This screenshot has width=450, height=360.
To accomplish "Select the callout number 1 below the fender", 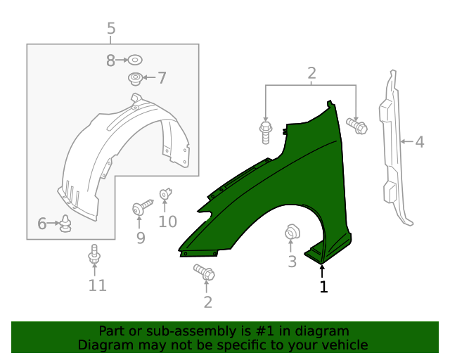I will coord(323,287).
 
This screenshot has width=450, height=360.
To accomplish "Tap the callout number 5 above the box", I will coord(111,29).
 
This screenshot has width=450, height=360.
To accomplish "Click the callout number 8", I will coord(110,61).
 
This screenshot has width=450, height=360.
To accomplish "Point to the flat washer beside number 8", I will coord(135,61).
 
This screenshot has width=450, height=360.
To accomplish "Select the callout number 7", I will coord(162,77).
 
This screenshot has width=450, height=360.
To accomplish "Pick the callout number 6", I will coord(41,224).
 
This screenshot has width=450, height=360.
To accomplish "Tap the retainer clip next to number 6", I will coord(66,224).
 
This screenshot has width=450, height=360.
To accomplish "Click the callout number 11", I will coord(97,285).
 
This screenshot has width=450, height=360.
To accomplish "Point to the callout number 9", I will coord(141,238).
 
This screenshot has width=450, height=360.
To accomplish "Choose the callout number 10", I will coord(167,222).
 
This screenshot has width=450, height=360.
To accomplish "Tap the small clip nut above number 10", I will coord(166,192).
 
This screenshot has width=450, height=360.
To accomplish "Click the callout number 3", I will coord(292,262).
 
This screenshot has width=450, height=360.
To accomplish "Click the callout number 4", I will coord(419,142).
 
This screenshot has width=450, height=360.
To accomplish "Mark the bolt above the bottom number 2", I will coord(204,273).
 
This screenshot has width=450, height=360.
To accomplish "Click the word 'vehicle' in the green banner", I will coord(342,345).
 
